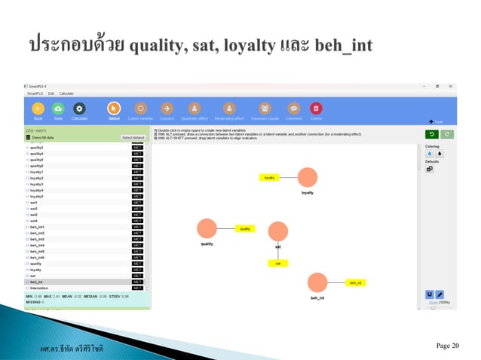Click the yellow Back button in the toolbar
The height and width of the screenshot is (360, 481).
pyautogui.click(x=38, y=108)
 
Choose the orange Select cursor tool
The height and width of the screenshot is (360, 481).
pyautogui.click(x=114, y=108)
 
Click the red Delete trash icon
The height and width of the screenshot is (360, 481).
pyautogui.click(x=316, y=108)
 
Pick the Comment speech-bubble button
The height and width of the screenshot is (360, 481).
pyautogui.click(x=293, y=108)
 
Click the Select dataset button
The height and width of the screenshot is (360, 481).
pyautogui.click(x=133, y=138)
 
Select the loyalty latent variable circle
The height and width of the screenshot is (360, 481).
pyautogui.click(x=308, y=178)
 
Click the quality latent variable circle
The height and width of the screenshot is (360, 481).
pyautogui.click(x=207, y=228)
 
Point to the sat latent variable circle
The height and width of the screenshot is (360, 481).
pyautogui.click(x=278, y=232)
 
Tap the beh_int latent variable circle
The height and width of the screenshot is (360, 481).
pyautogui.click(x=317, y=283)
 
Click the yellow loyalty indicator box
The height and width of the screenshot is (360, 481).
pyautogui.click(x=269, y=178)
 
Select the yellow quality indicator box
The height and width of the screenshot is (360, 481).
pyautogui.click(x=245, y=228)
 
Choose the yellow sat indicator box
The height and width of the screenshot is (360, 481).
pyautogui.click(x=278, y=263)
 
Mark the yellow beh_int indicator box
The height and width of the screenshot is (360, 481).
pyautogui.click(x=355, y=283)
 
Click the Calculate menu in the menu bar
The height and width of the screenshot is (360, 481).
pyautogui.click(x=67, y=93)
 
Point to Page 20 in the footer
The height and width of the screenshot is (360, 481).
pyautogui.click(x=446, y=346)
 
